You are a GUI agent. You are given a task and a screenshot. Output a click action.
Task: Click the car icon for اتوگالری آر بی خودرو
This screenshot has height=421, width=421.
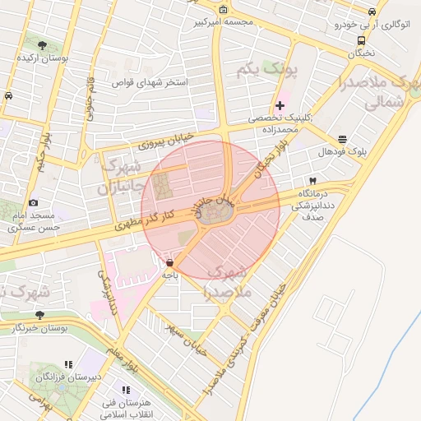click(x=372, y=12)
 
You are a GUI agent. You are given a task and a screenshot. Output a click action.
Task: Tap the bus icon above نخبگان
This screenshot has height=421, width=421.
click(x=360, y=40)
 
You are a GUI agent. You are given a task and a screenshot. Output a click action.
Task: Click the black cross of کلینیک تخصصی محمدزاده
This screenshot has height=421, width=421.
click(x=280, y=105)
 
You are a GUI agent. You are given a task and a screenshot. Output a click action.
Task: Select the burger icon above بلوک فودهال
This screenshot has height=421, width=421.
click(x=342, y=139)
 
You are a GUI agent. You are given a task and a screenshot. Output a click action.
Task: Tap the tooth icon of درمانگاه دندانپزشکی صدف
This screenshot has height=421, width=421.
click(x=312, y=180)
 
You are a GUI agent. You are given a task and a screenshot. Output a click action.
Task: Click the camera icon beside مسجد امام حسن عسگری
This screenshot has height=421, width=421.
click(x=33, y=202)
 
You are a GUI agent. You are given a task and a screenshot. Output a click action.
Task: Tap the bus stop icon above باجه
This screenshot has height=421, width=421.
click(x=169, y=263)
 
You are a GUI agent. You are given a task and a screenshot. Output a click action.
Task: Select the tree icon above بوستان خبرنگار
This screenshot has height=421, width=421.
click(x=39, y=315)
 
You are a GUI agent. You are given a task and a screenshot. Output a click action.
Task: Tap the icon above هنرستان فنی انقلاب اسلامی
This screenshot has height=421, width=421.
click(x=125, y=390)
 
